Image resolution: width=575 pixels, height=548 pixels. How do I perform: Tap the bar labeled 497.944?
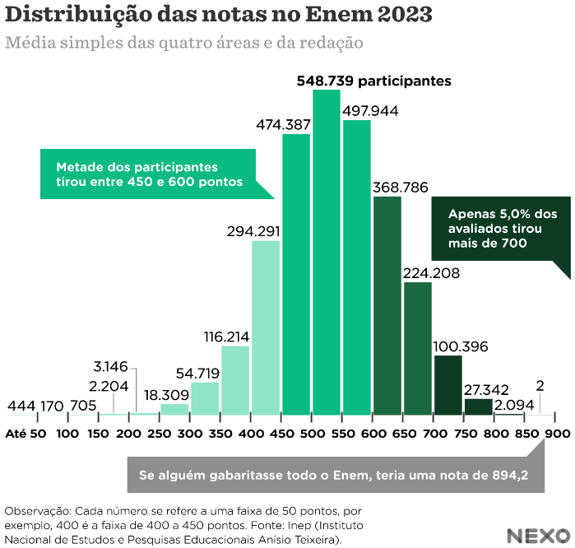(357, 267)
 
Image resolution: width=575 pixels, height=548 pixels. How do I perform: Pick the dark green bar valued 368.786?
(387, 305)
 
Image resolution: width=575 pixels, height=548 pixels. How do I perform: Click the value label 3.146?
(110, 366)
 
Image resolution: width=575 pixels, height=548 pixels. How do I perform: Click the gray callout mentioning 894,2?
(333, 476)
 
